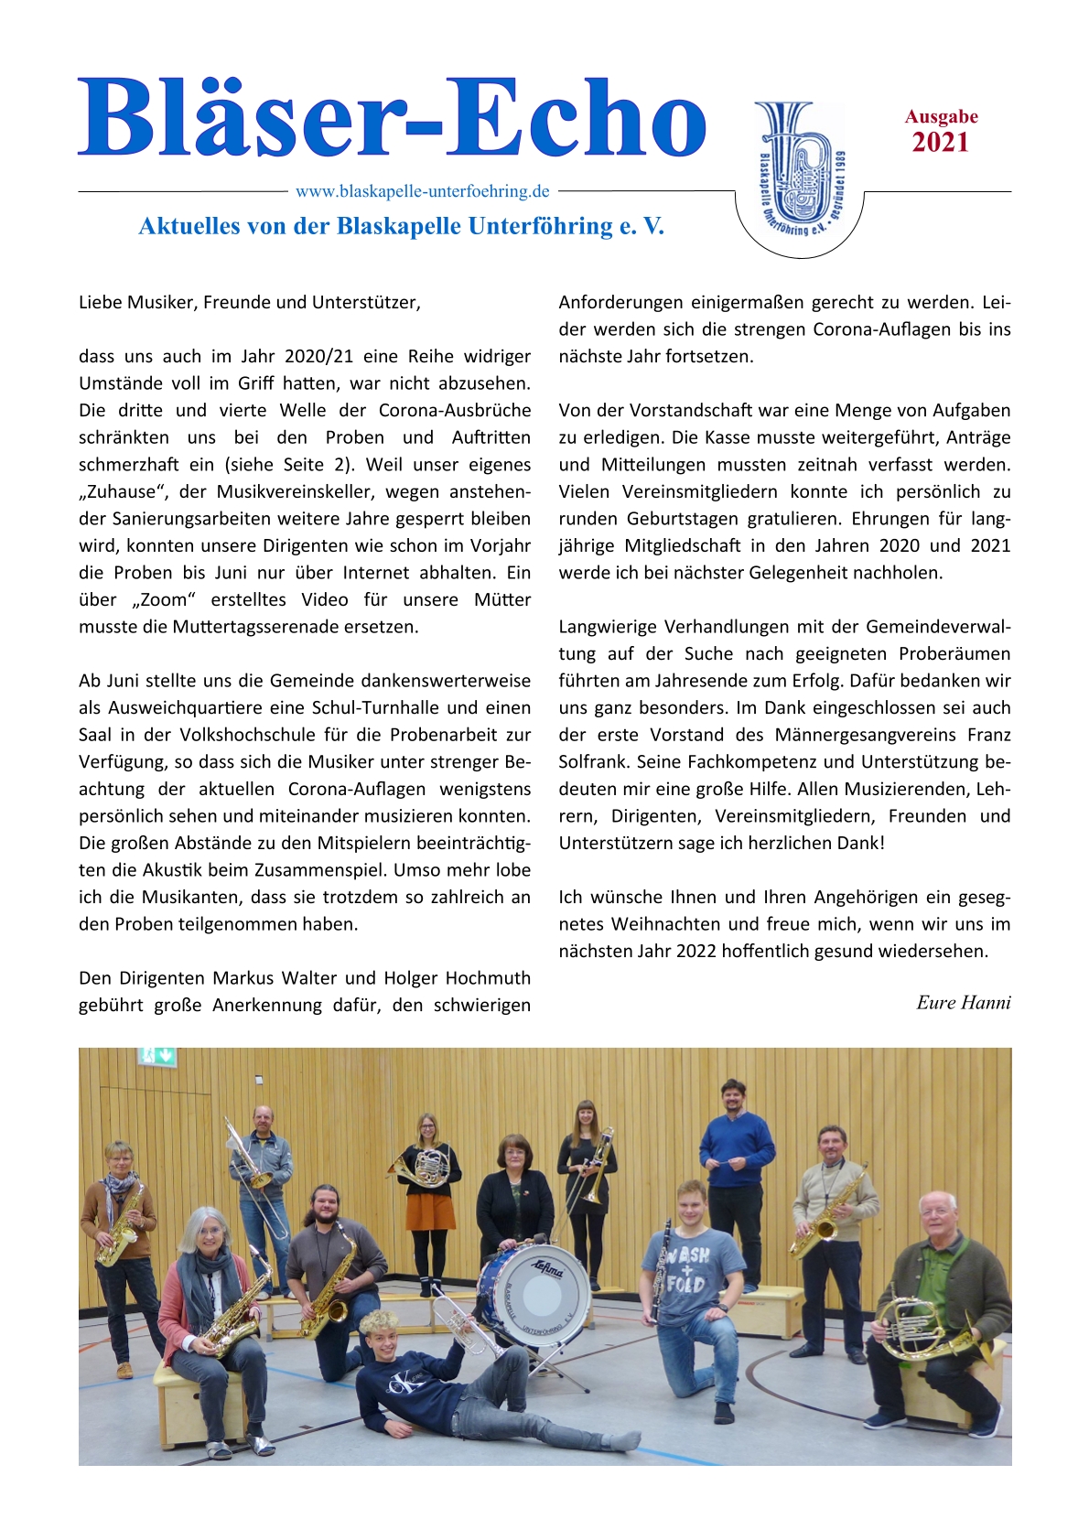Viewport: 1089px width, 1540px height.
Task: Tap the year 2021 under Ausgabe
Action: [x=940, y=143]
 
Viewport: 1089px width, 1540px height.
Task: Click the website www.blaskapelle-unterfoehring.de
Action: [x=422, y=191]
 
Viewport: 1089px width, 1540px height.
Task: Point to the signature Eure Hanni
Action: [x=963, y=1003]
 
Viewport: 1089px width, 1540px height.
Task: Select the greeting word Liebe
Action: [x=102, y=303]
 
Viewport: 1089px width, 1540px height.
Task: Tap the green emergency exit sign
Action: [x=156, y=1055]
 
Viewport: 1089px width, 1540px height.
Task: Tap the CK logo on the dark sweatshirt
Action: [x=401, y=1384]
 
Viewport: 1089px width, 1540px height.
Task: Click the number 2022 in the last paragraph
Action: [x=695, y=952]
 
